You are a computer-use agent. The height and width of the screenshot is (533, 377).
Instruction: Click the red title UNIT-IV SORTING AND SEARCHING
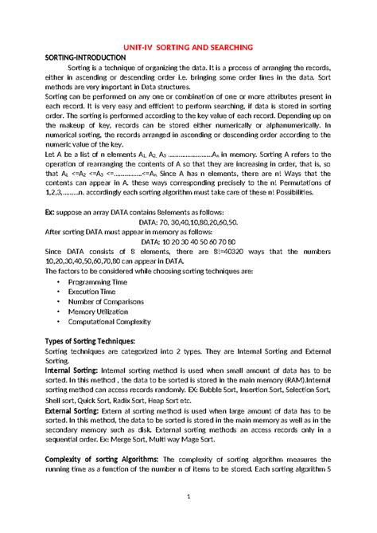[188, 47]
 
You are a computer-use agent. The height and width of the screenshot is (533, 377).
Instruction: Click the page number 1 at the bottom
[188, 519]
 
